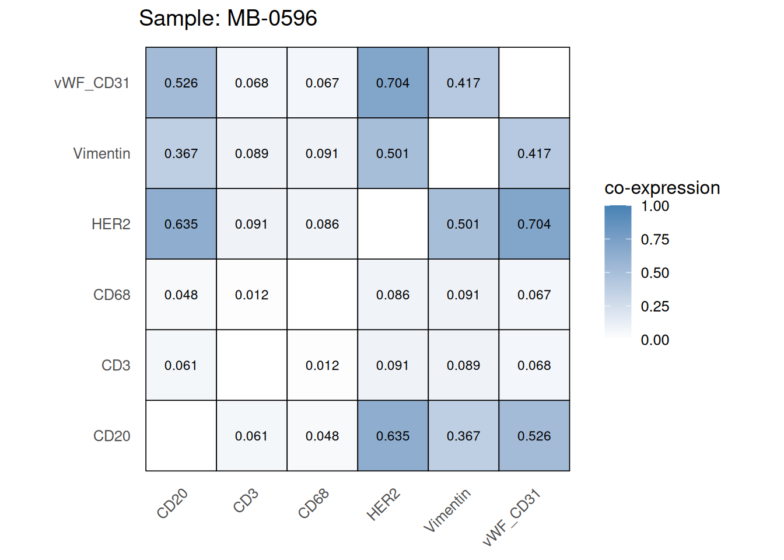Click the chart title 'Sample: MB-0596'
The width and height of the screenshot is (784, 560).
click(x=228, y=18)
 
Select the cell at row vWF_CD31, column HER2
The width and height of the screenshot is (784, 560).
click(x=393, y=83)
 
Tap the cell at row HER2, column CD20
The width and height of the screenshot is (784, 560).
click(x=181, y=224)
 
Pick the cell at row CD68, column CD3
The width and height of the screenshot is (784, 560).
click(x=251, y=295)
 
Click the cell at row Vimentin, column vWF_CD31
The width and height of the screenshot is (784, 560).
click(x=534, y=153)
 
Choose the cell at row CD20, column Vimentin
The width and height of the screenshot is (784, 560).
click(x=463, y=436)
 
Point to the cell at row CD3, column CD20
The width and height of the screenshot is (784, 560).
click(x=181, y=365)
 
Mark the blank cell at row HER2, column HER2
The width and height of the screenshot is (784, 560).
click(x=393, y=224)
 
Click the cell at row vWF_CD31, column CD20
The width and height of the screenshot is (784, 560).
click(x=181, y=83)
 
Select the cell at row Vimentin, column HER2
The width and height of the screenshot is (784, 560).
click(x=393, y=153)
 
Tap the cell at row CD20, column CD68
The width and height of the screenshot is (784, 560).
click(x=322, y=436)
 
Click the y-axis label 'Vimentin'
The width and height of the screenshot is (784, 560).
click(x=101, y=153)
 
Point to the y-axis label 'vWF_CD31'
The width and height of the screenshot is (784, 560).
click(x=92, y=83)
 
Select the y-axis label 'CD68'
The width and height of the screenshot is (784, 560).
click(x=111, y=295)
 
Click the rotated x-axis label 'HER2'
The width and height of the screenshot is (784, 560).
click(x=383, y=505)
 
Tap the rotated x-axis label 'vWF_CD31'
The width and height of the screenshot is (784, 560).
click(x=512, y=517)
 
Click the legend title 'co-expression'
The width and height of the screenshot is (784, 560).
click(x=662, y=188)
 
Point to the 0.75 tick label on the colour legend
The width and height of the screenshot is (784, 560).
click(x=654, y=239)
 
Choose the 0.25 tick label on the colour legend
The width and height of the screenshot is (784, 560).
click(x=654, y=306)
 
